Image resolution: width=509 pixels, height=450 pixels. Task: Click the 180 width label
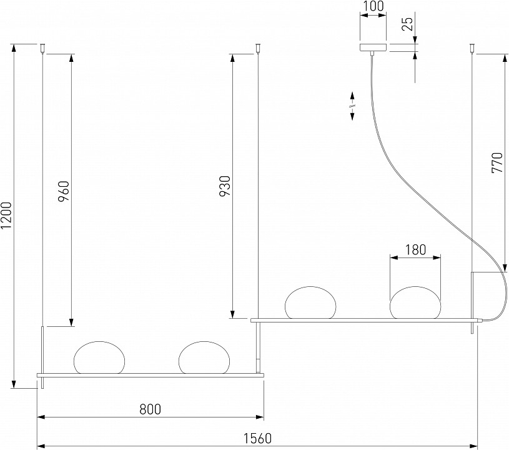pyautogui.click(x=415, y=249)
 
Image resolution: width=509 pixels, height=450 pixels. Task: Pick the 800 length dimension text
pyautogui.click(x=150, y=409)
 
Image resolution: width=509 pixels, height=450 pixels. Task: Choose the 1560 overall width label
pyautogui.click(x=257, y=439)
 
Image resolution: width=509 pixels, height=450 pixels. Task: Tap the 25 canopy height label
pyautogui.click(x=407, y=24)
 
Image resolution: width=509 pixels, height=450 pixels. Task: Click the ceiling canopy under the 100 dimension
pyautogui.click(x=373, y=47)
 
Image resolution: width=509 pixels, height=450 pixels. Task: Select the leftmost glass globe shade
pyautogui.click(x=99, y=358)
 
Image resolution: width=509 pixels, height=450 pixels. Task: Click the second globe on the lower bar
pyautogui.click(x=204, y=358)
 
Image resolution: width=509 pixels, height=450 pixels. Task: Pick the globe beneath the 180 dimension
pyautogui.click(x=415, y=302)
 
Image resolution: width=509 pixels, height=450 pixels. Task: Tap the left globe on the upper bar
pyautogui.click(x=310, y=302)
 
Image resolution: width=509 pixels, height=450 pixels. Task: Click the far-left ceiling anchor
pyautogui.click(x=42, y=47)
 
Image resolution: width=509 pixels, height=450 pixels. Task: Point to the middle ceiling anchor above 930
pyautogui.click(x=258, y=47)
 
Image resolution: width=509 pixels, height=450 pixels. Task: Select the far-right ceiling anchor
pyautogui.click(x=473, y=47)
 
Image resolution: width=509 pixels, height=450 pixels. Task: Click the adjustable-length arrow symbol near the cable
pyautogui.click(x=352, y=105)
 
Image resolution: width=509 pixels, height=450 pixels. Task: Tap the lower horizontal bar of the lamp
pyautogui.click(x=150, y=375)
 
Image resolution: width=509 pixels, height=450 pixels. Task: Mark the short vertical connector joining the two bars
pyautogui.click(x=260, y=347)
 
